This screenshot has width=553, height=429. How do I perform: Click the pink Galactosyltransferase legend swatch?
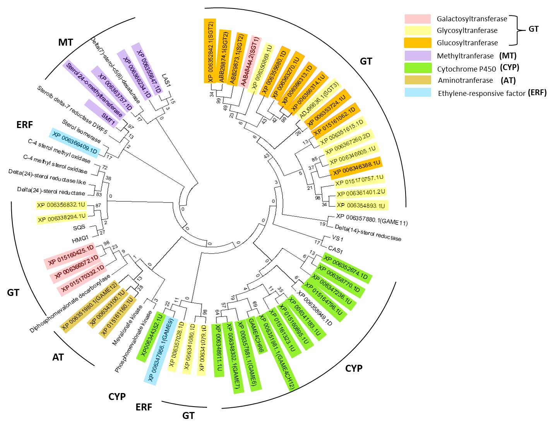click(x=417, y=19)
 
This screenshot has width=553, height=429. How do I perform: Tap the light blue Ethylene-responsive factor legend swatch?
click(x=417, y=93)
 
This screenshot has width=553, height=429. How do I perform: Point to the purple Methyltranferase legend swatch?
click(x=417, y=56)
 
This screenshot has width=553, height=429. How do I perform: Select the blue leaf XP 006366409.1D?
click(x=75, y=142)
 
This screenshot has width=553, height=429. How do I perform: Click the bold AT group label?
click(x=58, y=357)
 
